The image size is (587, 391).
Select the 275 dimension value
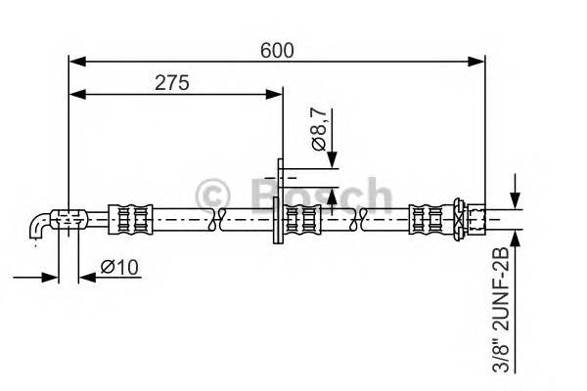(172, 82)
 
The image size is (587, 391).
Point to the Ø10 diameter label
(118, 266)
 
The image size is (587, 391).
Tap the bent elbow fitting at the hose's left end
(41, 226)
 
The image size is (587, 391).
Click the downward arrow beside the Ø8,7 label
(334, 160)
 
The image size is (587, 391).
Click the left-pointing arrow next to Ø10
(85, 278)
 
